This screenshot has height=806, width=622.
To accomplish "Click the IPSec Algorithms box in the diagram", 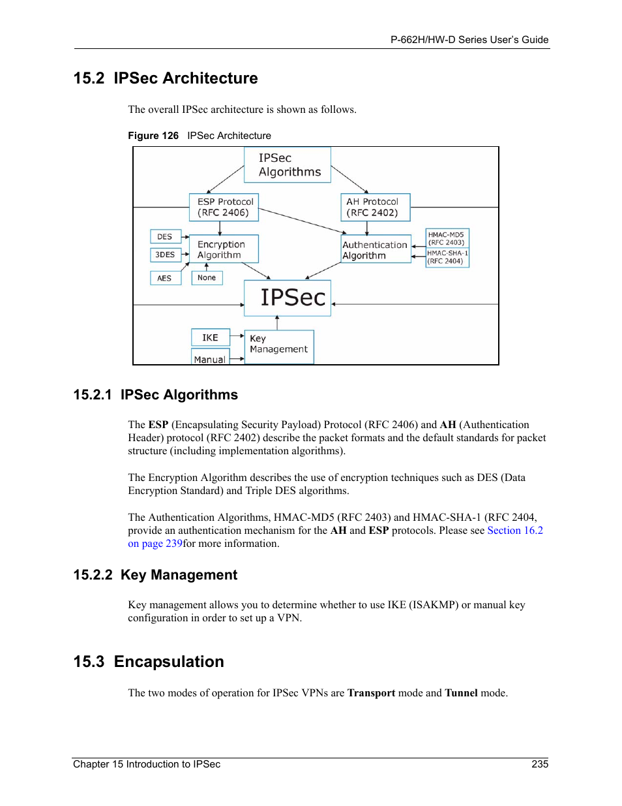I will pyautogui.click(x=288, y=164).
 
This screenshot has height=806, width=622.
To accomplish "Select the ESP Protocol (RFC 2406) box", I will pyautogui.click(x=224, y=207).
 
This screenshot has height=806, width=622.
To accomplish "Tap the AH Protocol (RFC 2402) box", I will pyautogui.click(x=375, y=207).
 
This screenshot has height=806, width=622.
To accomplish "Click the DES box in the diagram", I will pyautogui.click(x=165, y=237).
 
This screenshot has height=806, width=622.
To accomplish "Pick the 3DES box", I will pyautogui.click(x=165, y=255).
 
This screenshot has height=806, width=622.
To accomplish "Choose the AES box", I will pyautogui.click(x=165, y=278).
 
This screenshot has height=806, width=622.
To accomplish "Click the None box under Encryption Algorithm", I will pyautogui.click(x=207, y=278).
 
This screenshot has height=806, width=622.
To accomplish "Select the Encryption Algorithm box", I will pyautogui.click(x=224, y=249).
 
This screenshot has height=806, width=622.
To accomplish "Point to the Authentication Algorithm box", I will pyautogui.click(x=376, y=249).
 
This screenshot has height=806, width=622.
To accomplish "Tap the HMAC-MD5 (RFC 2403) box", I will pyautogui.click(x=447, y=238).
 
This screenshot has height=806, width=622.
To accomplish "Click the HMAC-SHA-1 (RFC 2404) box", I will pyautogui.click(x=447, y=257).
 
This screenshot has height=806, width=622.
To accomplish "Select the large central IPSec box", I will pyautogui.click(x=288, y=298).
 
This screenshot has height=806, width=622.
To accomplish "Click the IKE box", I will pyautogui.click(x=210, y=337).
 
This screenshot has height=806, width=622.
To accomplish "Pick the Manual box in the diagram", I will pyautogui.click(x=210, y=358).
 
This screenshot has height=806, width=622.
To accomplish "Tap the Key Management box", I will pyautogui.click(x=279, y=346).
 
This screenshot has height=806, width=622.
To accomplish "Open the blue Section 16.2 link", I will pyautogui.click(x=515, y=531).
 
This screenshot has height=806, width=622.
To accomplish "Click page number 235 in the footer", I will pyautogui.click(x=540, y=764).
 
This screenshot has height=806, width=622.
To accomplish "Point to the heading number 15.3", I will pyautogui.click(x=89, y=662).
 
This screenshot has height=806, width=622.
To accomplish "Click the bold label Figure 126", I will pyautogui.click(x=153, y=136).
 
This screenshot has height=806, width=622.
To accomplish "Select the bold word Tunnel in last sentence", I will pyautogui.click(x=461, y=693).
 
